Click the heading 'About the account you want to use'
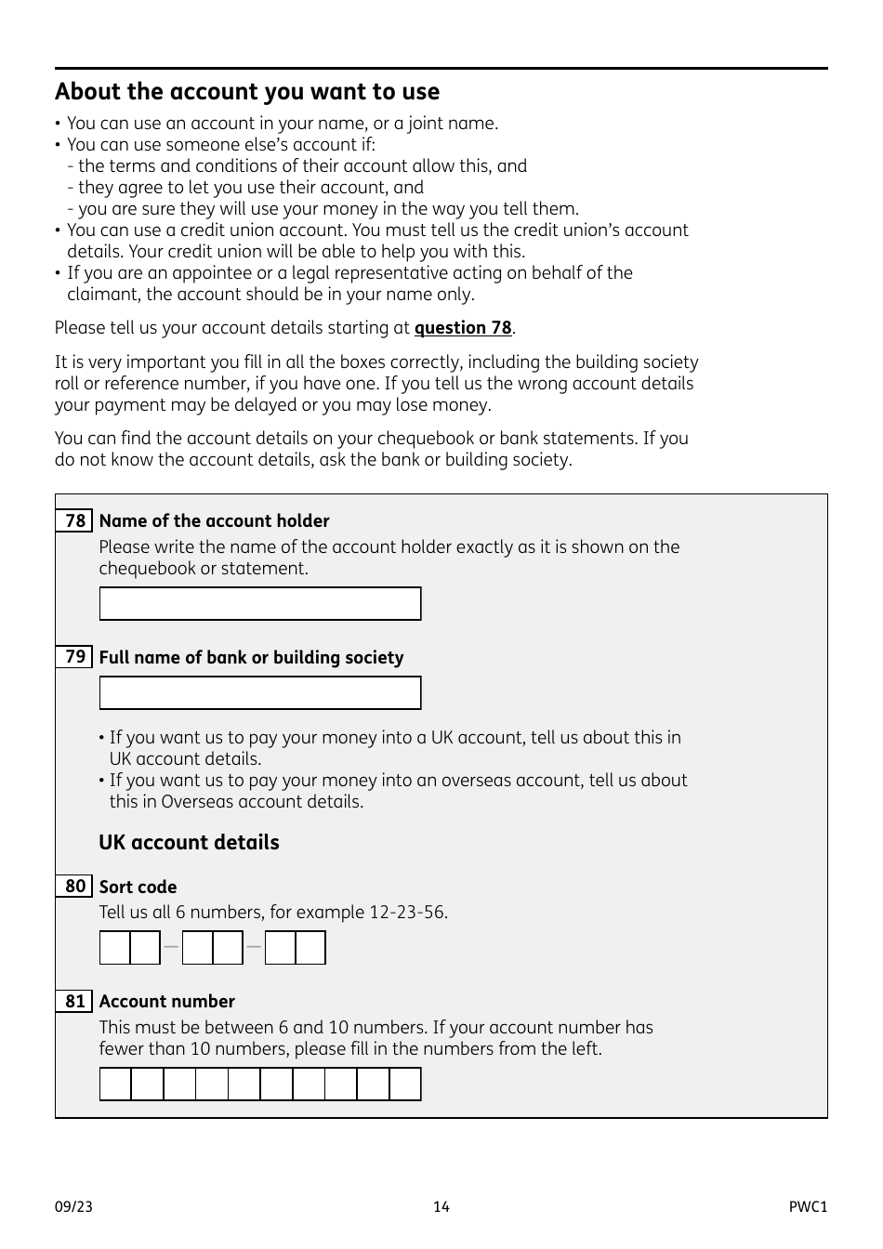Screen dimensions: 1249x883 (x=247, y=92)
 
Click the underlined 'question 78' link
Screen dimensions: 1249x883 (x=463, y=328)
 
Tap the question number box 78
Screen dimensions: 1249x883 (x=74, y=521)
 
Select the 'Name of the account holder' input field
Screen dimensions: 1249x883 (x=260, y=604)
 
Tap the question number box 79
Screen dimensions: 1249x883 (x=74, y=657)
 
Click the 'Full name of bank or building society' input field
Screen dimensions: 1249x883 (x=260, y=693)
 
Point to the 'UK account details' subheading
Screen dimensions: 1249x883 (x=189, y=843)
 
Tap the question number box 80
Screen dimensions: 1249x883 (x=74, y=887)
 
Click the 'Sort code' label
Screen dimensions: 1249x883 (x=138, y=887)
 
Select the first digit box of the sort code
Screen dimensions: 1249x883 (x=115, y=948)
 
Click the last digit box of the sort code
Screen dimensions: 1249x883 (x=310, y=948)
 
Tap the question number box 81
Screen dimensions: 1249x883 (x=74, y=1002)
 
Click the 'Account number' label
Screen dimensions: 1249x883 (x=167, y=1002)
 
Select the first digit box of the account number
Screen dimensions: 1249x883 (x=116, y=1085)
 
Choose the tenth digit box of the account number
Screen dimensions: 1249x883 (x=405, y=1085)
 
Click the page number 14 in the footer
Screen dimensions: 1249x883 (x=441, y=1207)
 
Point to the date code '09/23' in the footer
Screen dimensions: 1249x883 (x=73, y=1207)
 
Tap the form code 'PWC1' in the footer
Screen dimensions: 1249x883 (x=808, y=1207)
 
